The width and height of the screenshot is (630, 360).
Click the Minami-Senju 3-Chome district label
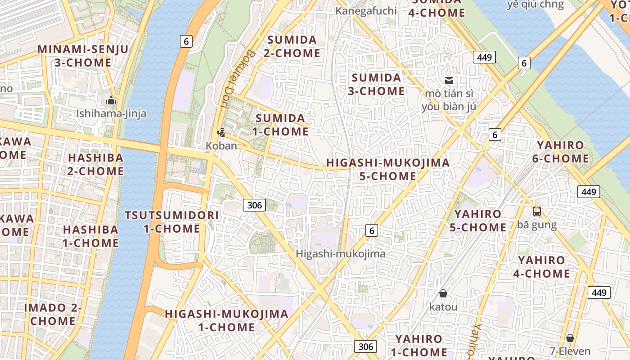[83, 56]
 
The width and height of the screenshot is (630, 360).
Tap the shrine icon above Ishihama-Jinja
[111, 101]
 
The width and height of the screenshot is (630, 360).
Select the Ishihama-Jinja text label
[111, 113]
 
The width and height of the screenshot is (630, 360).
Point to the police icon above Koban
[221, 133]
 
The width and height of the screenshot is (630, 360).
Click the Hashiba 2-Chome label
[95, 164]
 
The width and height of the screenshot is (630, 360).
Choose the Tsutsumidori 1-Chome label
[172, 222]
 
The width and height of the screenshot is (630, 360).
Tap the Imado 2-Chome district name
[53, 314]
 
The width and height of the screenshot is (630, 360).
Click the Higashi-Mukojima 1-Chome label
[226, 320]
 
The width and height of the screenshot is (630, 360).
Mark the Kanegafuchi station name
[366, 10]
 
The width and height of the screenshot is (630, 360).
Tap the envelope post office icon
[449, 81]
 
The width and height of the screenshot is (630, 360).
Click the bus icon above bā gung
[536, 211]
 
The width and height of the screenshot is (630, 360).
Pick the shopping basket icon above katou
[443, 294]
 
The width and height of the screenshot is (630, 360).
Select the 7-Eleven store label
[570, 351]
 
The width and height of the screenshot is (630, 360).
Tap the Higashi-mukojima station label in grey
[340, 254]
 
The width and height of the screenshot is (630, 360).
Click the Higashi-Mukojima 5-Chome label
[388, 169]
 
